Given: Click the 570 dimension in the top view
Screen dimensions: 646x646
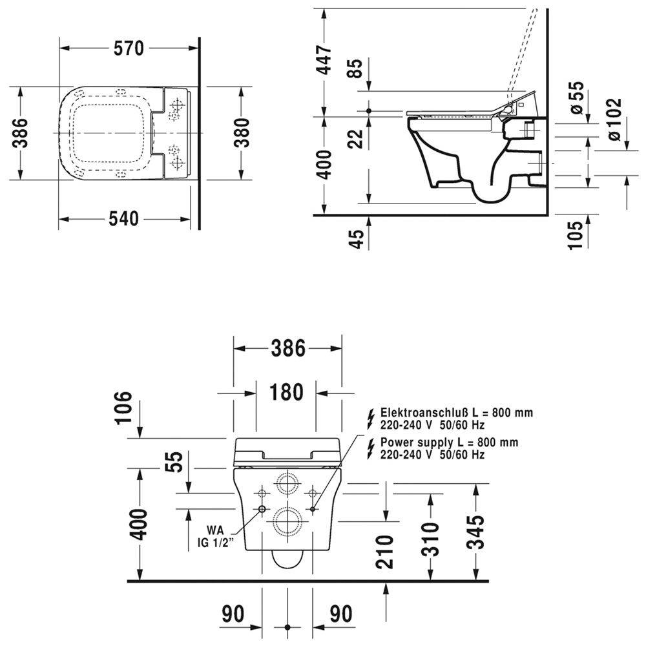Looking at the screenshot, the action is point(129,48).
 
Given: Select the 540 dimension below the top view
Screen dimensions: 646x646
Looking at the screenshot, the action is point(123,219).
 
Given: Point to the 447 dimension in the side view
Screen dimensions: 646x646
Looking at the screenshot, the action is point(324,59).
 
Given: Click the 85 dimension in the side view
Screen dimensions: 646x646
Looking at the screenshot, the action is point(355,68).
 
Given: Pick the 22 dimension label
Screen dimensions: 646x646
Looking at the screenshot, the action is point(355,139).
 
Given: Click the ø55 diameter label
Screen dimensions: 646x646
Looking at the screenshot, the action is point(576,98).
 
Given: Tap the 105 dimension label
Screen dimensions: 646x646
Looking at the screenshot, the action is point(576,235).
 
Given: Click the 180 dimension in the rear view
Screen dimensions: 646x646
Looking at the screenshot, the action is point(286,392).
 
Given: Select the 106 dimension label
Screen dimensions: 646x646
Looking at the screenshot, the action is point(123,407).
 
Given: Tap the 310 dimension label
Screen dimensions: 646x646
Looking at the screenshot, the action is point(432,539).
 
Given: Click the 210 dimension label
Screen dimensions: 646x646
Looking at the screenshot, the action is point(385,552).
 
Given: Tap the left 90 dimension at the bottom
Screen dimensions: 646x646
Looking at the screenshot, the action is point(233,614).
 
